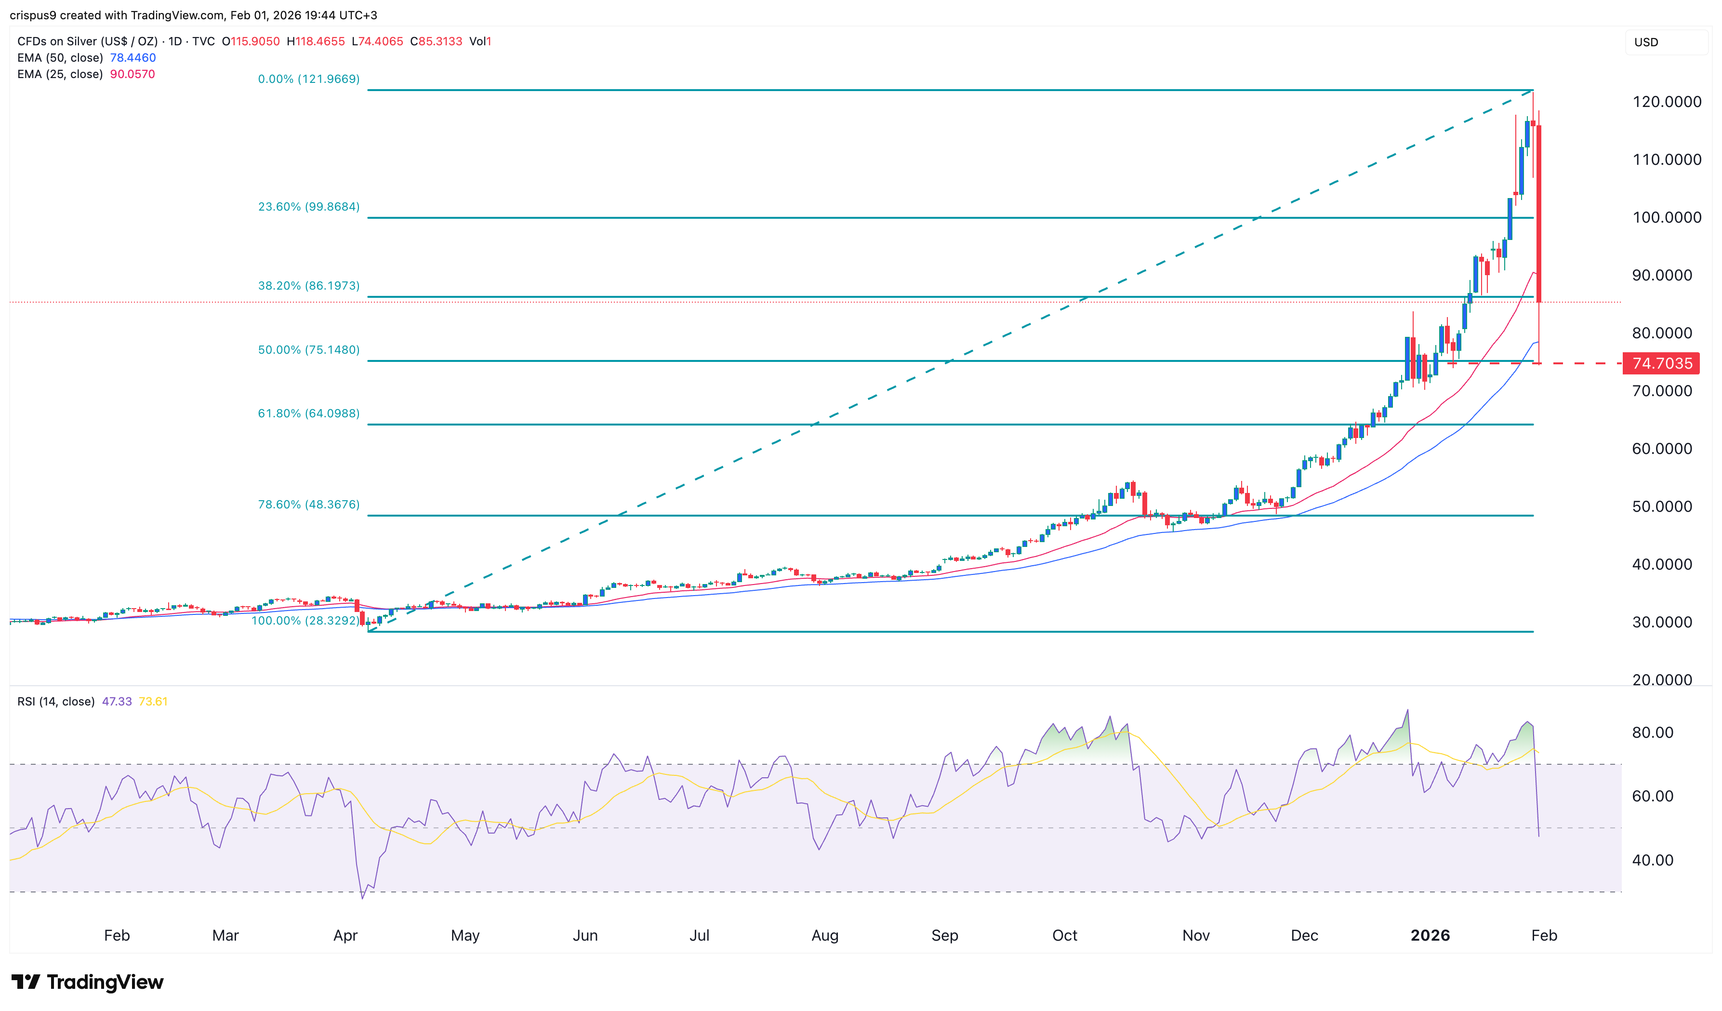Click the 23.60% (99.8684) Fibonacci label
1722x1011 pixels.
pos(308,206)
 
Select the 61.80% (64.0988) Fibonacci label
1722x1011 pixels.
pos(308,413)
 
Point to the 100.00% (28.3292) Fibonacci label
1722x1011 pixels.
pos(305,621)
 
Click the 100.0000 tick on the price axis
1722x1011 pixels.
pos(1666,217)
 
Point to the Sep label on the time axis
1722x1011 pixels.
pos(944,935)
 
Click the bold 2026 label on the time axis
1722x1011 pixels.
pos(1430,935)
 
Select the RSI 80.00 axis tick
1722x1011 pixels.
pos(1652,733)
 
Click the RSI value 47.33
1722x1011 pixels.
pos(116,701)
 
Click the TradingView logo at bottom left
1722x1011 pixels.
pos(88,982)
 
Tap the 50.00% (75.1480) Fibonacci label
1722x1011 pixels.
pos(308,350)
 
